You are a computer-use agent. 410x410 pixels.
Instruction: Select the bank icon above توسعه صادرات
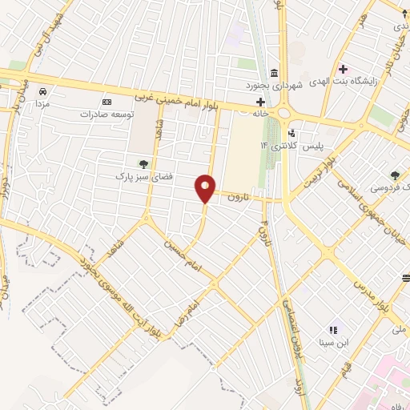click(x=108, y=102)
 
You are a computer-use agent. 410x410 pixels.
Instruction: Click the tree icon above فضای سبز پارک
click(x=143, y=163)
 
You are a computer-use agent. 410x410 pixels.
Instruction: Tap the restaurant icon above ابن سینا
click(x=334, y=330)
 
